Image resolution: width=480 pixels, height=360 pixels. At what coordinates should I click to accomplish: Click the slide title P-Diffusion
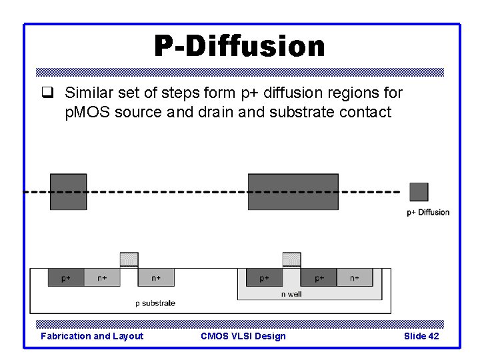click(239, 46)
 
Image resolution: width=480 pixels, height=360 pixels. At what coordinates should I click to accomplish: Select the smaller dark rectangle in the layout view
click(68, 191)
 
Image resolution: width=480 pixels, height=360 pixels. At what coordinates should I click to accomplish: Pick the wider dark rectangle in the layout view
click(293, 191)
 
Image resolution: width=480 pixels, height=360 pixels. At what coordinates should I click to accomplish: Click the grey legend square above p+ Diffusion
click(419, 192)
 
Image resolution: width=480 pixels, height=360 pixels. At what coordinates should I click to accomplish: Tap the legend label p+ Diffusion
click(428, 213)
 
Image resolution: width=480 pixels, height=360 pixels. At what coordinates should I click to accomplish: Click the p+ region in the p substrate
click(66, 277)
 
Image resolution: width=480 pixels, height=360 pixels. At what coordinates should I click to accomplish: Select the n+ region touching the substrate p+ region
click(102, 277)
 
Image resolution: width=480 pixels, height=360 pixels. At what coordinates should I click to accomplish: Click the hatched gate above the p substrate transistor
click(129, 259)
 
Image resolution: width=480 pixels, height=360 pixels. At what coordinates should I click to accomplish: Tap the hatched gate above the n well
click(291, 259)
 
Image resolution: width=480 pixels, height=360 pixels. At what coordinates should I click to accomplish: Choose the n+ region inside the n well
click(354, 277)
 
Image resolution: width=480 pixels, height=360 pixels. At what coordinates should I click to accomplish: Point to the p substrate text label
click(155, 303)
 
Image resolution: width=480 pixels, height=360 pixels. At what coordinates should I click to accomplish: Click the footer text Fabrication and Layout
click(92, 336)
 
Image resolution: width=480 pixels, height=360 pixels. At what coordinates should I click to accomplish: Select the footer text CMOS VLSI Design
click(243, 336)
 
